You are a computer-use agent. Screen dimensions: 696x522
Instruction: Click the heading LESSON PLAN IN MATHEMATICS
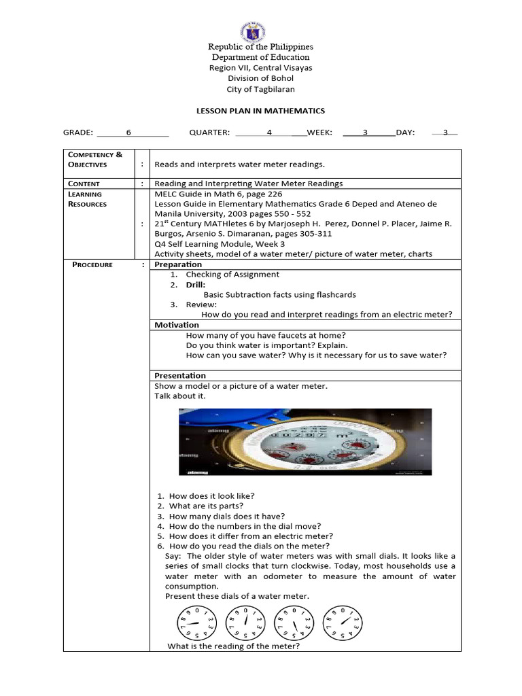(x=260, y=111)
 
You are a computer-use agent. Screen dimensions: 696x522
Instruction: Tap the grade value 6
(x=128, y=133)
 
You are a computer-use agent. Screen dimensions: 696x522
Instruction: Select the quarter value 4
(x=269, y=133)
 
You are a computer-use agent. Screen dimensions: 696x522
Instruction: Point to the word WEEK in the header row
(x=319, y=133)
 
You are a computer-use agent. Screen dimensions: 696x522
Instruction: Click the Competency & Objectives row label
(x=95, y=160)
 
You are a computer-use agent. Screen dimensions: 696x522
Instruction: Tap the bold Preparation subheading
(x=178, y=264)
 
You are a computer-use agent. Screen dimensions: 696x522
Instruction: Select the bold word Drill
(x=196, y=285)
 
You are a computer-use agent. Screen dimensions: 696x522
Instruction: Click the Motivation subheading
(x=177, y=325)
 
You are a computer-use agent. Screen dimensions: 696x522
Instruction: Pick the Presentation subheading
(x=179, y=375)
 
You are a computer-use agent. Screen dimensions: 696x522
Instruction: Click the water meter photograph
(x=304, y=442)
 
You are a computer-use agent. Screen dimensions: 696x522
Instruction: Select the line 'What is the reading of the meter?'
(x=233, y=646)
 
